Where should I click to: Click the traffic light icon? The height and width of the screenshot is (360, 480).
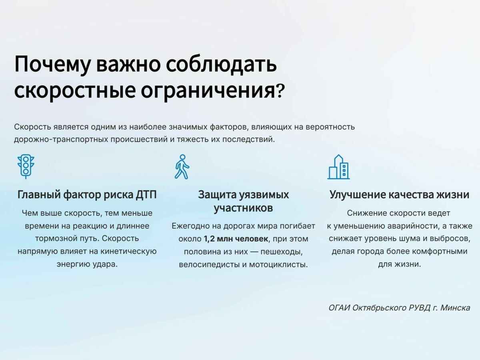26,166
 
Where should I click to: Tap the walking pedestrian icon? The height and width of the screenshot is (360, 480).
182,166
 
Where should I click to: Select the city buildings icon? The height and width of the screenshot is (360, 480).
338,167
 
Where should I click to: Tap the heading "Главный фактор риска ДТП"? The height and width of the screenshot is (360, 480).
87,195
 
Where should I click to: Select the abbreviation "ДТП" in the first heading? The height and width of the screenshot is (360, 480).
145,195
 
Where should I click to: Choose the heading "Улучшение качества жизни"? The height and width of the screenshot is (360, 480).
399,195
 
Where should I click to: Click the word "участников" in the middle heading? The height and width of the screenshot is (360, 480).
243,208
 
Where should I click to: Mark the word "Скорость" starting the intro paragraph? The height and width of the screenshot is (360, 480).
32,127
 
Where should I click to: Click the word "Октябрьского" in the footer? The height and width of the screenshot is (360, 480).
376,308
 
